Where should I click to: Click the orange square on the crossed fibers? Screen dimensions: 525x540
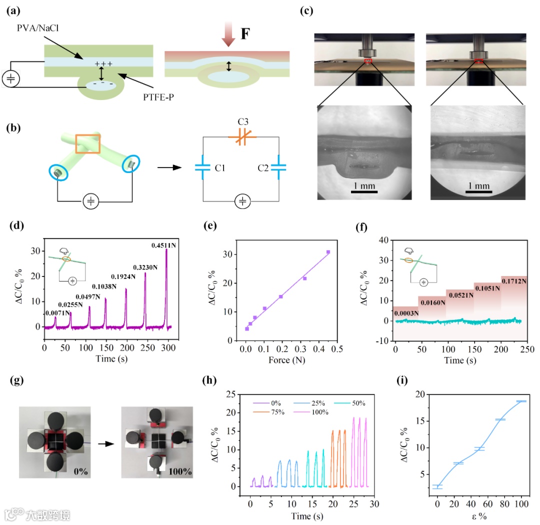88,143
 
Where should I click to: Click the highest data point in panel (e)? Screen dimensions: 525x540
328,252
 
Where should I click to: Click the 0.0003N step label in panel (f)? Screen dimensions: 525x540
406,313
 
